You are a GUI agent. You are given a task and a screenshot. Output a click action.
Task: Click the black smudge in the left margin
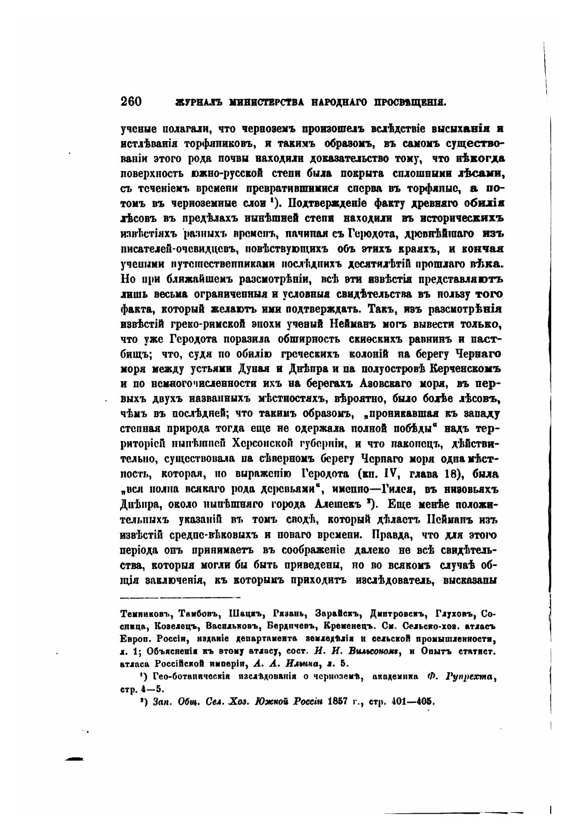point(74,759)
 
